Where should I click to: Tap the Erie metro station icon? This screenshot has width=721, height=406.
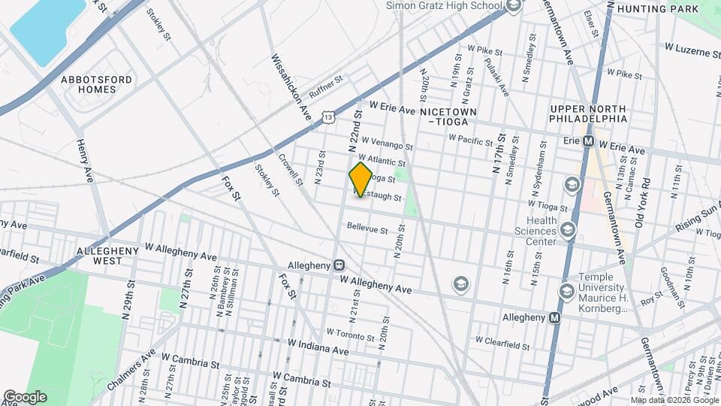point(589,141)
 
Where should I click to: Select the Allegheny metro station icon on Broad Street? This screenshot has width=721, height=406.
point(555,318)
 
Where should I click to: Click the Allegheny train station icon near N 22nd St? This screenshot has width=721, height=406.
point(339,266)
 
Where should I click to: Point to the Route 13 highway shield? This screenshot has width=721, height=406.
point(328,117)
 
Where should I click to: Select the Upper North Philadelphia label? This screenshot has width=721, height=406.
point(588,114)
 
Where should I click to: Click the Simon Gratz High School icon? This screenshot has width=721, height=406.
point(514,6)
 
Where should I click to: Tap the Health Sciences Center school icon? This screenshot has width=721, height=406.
point(567,229)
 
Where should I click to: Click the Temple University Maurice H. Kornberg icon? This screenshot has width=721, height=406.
point(566,291)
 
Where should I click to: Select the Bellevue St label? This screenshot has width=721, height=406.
point(367,229)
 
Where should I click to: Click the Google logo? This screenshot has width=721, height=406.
point(25,396)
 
